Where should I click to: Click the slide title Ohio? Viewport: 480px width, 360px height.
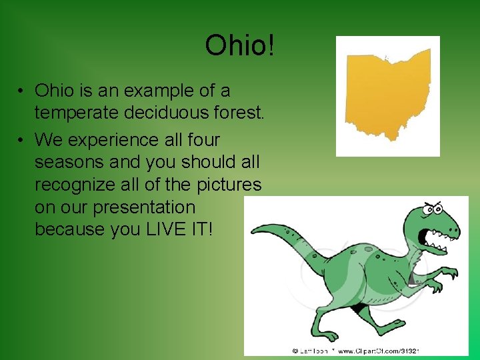coord(240,46)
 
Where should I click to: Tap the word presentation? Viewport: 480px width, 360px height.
coord(144,207)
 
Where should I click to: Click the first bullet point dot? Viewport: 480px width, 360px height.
coord(22,90)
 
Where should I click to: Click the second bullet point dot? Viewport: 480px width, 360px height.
coord(22,140)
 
